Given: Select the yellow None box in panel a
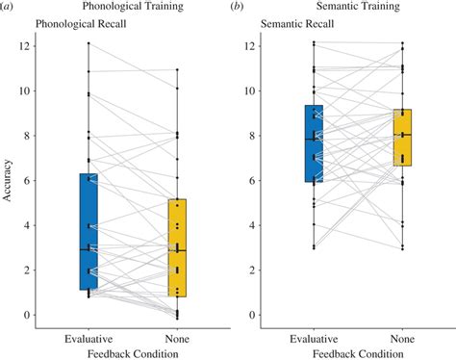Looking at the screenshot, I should click(x=177, y=247).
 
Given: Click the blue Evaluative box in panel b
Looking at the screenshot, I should click(x=314, y=143).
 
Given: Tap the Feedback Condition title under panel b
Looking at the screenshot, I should click(x=358, y=352).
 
